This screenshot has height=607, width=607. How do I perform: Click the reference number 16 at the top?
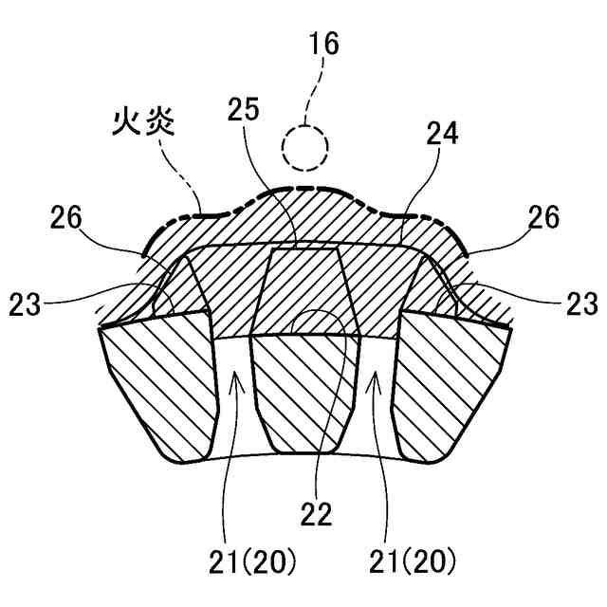coord(322,44)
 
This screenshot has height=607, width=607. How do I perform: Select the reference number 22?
coord(316,513)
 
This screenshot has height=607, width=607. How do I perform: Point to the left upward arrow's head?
coord(233,377)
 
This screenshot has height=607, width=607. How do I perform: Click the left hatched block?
coord(161,389)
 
